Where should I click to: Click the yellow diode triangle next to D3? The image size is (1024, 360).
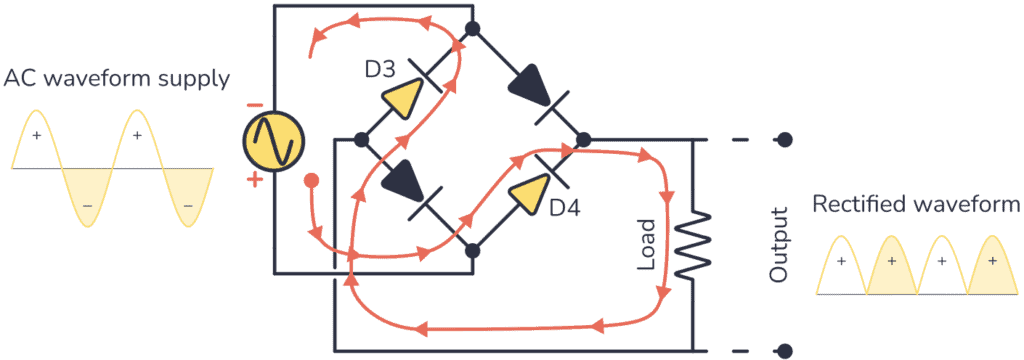[x=403, y=98]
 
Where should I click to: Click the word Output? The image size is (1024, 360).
[x=777, y=244]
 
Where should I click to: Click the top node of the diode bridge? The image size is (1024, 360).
[x=472, y=28]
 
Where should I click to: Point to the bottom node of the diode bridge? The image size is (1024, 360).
[x=471, y=249]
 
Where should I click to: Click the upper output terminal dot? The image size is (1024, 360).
[x=785, y=139]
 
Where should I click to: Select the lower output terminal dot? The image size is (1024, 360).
[x=785, y=351]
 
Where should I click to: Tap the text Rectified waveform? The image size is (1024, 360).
[x=916, y=205]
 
